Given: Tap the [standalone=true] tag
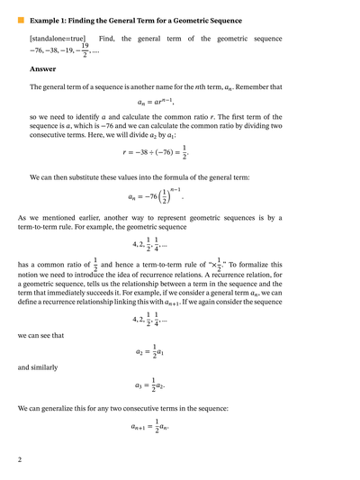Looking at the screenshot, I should point(57,39).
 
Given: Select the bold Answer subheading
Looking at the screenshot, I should point(42,69).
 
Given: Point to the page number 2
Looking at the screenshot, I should point(20,460).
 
